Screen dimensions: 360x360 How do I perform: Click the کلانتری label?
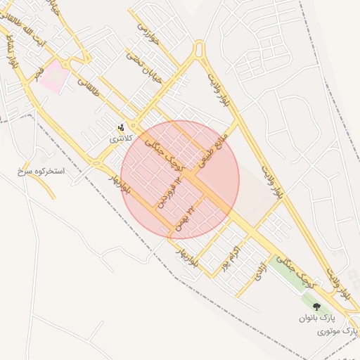(x=120, y=139)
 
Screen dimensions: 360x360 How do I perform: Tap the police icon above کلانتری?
(x=122, y=128)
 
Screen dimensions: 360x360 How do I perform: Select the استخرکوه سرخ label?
(x=41, y=171)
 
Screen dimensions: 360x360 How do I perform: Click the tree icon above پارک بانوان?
(x=316, y=307)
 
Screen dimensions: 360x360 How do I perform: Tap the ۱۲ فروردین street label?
(x=164, y=192)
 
